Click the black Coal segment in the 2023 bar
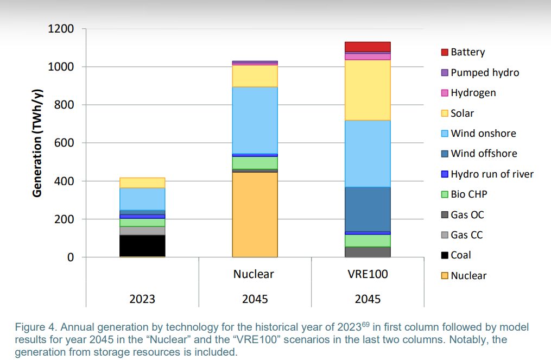coord(142,245)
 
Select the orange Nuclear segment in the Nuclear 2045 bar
coord(255,214)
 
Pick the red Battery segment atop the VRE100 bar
coord(368,47)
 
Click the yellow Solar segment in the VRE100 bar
coord(368,90)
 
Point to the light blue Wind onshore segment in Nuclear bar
coord(255,120)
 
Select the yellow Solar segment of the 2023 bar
coord(142,182)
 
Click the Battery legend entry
coord(467,52)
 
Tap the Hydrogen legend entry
coord(473,93)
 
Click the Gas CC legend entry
coord(466,235)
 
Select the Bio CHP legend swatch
coord(445,194)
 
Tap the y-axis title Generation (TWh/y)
coord(37,143)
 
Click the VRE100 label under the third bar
coord(368,274)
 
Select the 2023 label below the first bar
coord(142,299)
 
